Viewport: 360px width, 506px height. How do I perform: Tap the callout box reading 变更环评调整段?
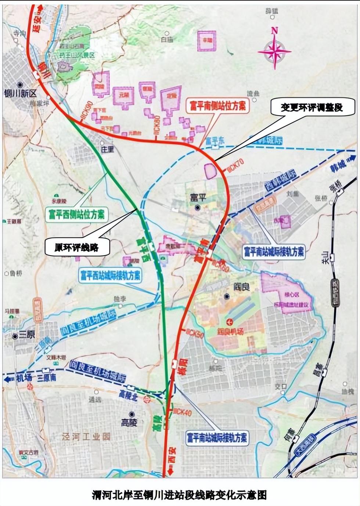pyautogui.click(x=312, y=107)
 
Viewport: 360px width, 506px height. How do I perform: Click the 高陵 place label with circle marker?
pyautogui.click(x=129, y=422)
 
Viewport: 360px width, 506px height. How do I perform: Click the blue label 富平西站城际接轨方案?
pyautogui.click(x=111, y=275)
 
